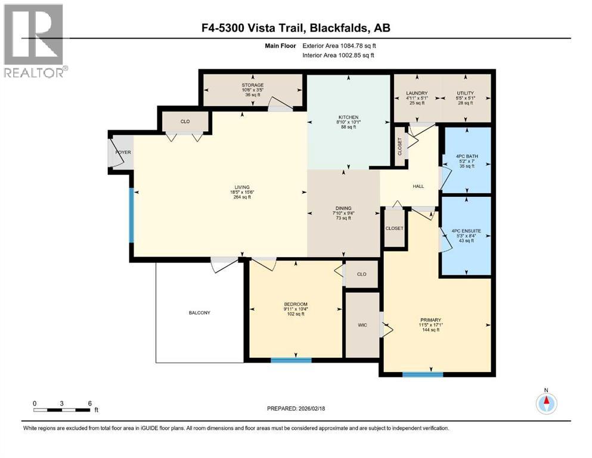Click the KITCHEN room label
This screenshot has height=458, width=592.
point(346,117)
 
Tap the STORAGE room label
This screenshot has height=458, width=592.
point(253,85)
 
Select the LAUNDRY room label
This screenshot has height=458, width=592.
point(417,93)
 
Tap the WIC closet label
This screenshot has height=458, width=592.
point(362,325)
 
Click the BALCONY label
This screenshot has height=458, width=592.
point(199,312)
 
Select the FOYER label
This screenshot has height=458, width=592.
point(123,153)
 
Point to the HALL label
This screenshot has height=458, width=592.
point(419,186)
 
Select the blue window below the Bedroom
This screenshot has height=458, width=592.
point(291,360)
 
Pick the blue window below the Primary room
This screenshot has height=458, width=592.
point(422,375)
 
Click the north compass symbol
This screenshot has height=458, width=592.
point(545,403)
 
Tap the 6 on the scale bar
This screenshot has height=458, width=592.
point(89,403)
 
